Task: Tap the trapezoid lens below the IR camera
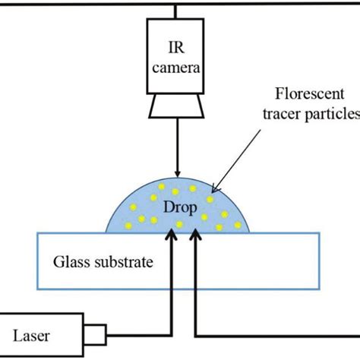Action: coord(176,109)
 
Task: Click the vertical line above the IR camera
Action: coord(176,11)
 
